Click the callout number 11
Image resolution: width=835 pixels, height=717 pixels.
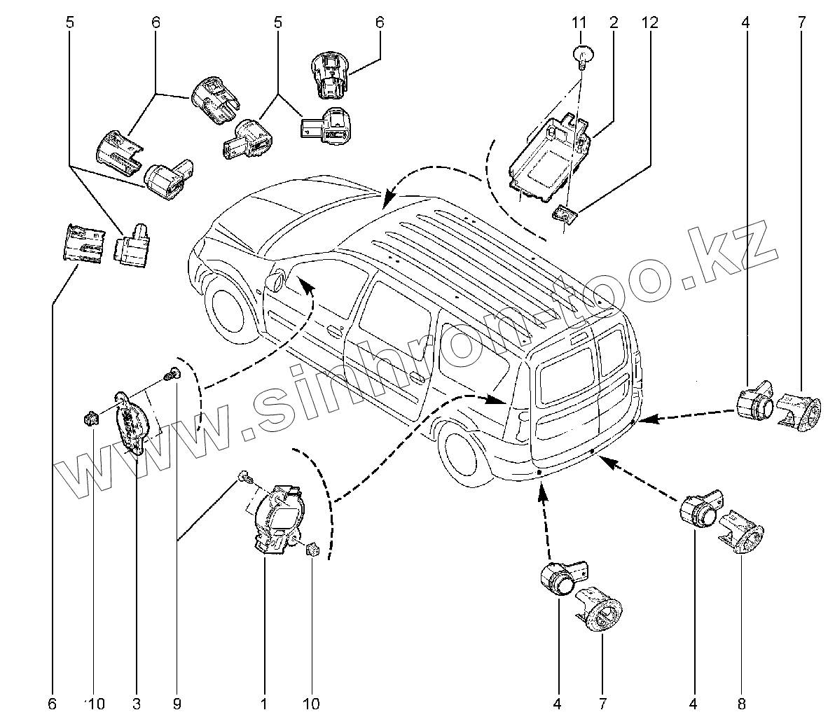coord(579,22)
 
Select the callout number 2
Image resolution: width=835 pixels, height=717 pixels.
coord(613,22)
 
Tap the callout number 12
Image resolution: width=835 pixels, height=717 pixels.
coord(649,22)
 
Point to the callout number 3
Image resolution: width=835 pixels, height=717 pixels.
coord(136,702)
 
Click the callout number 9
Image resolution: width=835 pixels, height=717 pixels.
coord(177,702)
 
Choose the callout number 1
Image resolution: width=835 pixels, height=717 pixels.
coord(264,702)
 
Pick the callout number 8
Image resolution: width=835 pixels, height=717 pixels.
coord(742,702)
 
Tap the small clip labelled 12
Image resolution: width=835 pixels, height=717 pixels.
coord(565,214)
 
